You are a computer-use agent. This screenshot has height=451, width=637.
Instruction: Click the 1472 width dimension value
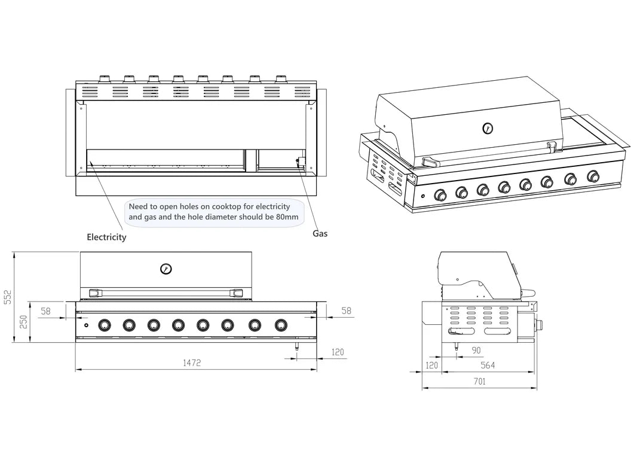tap(192, 362)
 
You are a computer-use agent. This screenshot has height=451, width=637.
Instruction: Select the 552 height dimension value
tap(7, 297)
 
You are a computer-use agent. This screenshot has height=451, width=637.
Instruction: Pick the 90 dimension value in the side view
tap(476, 350)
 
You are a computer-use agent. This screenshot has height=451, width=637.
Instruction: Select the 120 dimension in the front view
tap(338, 352)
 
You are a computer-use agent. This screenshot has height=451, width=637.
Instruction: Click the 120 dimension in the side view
tap(431, 365)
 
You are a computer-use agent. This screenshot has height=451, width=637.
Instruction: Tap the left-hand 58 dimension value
tap(46, 311)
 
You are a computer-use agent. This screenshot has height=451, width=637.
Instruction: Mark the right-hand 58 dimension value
tap(346, 311)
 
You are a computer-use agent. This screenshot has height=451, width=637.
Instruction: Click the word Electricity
tap(106, 237)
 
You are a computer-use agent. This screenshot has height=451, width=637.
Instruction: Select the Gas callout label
tap(320, 233)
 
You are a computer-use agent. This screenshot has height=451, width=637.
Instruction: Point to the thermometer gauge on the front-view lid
tap(166, 269)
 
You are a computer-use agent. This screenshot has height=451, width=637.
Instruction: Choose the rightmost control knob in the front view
tap(281, 325)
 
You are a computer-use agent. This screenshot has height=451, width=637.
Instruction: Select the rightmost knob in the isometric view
tap(593, 176)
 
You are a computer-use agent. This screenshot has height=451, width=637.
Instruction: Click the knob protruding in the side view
tap(538, 325)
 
